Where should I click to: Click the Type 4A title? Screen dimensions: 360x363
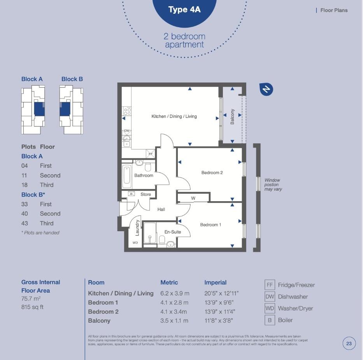184,10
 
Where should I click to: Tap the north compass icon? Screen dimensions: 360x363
266,89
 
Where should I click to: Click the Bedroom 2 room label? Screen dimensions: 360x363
212,172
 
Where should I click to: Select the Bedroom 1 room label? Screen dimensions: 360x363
210,225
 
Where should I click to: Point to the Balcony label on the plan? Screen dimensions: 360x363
232,116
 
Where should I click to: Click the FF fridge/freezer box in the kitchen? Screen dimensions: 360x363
151,154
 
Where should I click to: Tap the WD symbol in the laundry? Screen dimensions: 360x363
135,242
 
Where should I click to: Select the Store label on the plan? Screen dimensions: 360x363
146,194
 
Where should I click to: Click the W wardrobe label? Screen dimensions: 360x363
193,198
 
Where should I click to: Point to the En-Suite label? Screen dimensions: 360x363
172,232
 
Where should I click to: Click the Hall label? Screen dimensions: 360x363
161,209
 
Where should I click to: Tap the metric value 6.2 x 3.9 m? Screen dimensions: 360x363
175,293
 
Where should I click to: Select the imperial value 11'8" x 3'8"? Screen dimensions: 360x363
219,321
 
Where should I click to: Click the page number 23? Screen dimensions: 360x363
349,343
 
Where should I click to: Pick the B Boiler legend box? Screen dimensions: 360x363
269,320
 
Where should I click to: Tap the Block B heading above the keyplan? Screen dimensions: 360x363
72,79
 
